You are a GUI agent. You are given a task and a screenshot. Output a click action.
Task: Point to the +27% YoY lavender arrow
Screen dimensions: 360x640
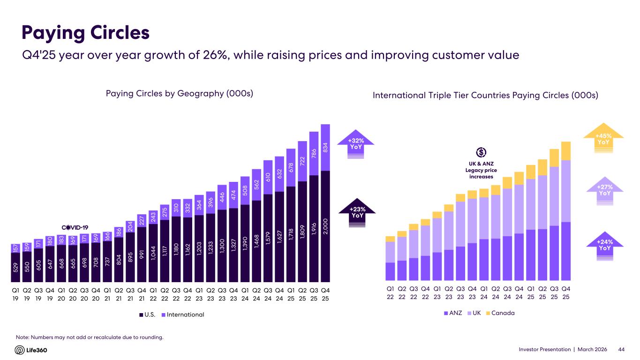(x=604, y=190)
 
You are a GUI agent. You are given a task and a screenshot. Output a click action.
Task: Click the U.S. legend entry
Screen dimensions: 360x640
(x=146, y=315)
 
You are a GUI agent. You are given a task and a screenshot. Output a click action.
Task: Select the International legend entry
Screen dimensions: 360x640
(x=183, y=315)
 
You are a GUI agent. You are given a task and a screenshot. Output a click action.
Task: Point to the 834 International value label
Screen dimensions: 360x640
(x=326, y=147)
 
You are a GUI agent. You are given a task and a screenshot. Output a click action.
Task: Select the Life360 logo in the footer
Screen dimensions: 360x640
(x=31, y=350)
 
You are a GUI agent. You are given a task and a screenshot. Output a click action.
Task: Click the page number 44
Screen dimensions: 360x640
(x=622, y=350)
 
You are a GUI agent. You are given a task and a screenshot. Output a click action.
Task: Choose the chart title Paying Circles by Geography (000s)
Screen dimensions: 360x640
(x=180, y=93)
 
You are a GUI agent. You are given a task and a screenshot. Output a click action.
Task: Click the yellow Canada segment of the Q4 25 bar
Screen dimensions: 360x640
(x=566, y=151)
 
